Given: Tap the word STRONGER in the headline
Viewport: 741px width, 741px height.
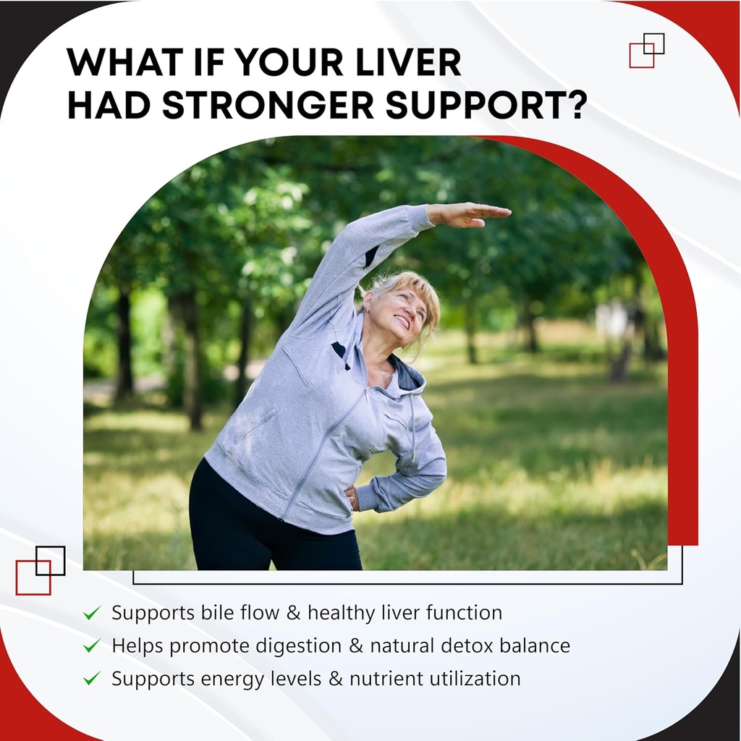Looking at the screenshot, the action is click(268, 105).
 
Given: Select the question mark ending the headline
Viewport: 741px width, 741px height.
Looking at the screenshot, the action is click(577, 105).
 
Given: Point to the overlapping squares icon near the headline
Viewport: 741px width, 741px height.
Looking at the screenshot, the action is click(646, 50).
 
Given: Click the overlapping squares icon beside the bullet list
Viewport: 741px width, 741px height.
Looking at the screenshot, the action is click(41, 570).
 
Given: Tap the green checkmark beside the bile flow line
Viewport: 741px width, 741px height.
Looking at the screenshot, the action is click(92, 613).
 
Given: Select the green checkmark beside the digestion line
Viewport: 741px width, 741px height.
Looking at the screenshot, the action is click(92, 645).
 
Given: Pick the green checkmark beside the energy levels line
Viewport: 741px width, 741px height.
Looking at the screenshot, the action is click(92, 679).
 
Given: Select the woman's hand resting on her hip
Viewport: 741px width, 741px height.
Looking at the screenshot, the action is click(352, 499).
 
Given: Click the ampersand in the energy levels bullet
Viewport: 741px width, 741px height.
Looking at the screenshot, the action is click(335, 679).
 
